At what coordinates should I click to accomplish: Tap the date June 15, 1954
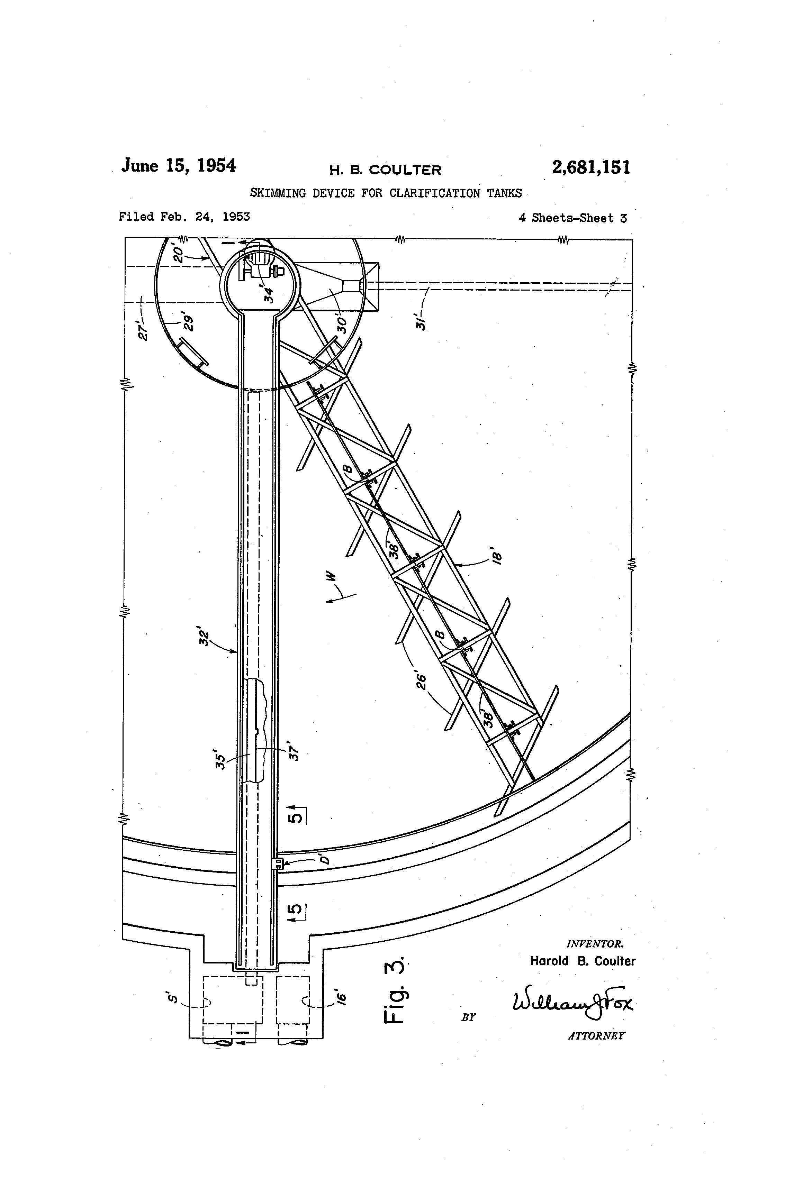click(178, 166)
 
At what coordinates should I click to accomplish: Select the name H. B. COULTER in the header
click(385, 170)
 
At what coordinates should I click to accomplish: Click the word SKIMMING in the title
click(278, 193)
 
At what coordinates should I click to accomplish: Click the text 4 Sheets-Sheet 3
click(572, 218)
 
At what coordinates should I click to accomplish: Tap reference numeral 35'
click(220, 759)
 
